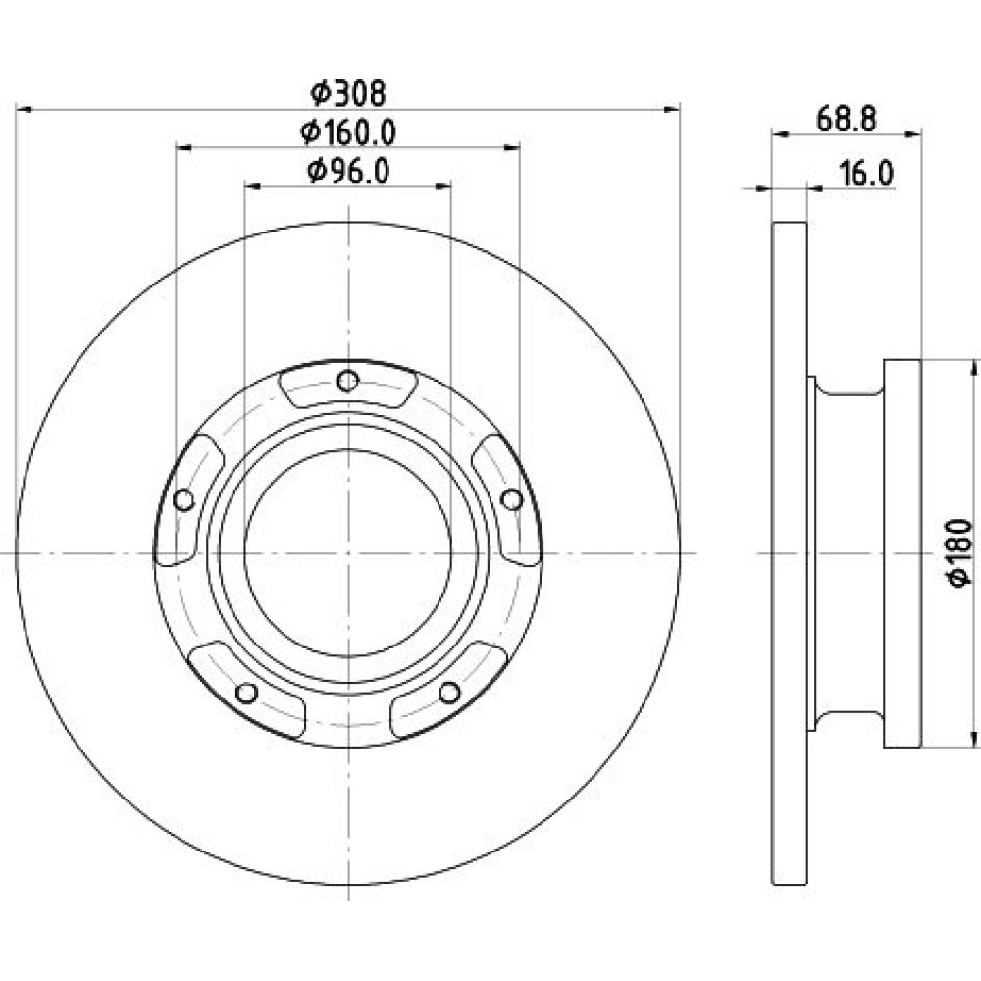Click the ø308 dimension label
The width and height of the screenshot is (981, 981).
click(348, 94)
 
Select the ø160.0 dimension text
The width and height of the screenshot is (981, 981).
click(348, 132)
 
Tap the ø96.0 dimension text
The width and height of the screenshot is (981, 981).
click(348, 171)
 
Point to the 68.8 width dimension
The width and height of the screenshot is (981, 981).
click(847, 119)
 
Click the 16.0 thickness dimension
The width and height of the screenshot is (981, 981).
click(866, 174)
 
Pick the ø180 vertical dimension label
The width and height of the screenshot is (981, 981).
click(960, 552)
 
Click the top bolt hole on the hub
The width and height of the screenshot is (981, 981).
click(347, 381)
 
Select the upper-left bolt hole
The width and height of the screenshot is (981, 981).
click(183, 500)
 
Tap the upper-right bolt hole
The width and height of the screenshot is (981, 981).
click(512, 499)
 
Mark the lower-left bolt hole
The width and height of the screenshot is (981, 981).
click(246, 693)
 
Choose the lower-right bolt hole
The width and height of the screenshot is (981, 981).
click(449, 692)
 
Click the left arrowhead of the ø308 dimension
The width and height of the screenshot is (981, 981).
click(24, 110)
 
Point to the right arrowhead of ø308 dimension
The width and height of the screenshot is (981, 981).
click(672, 110)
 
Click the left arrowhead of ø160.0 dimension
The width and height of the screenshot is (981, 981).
click(183, 148)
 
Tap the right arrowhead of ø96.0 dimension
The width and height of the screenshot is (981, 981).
click(443, 185)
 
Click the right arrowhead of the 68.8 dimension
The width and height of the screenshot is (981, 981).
click(913, 132)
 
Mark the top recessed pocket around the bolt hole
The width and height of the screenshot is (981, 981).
click(347, 387)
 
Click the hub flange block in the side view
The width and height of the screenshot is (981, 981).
click(903, 553)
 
